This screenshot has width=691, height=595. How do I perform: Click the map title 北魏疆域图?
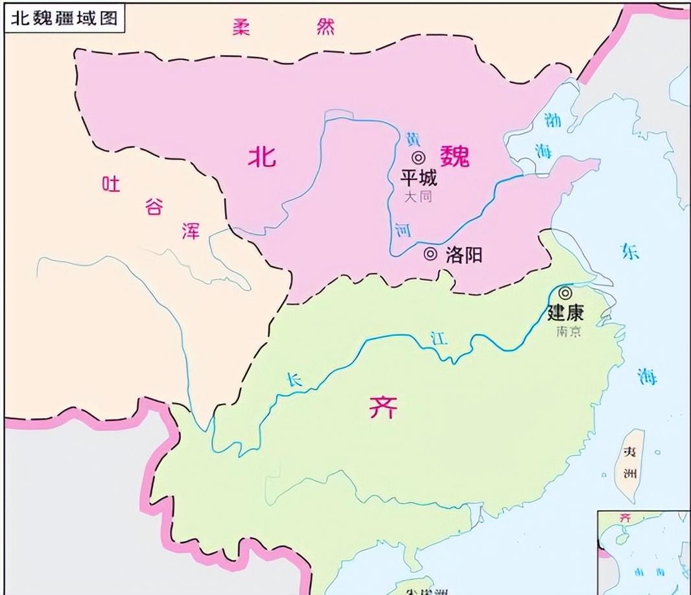pyautogui.click(x=63, y=17)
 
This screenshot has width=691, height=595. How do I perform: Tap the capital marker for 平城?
pyautogui.click(x=418, y=157)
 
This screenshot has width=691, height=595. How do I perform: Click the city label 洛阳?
pyautogui.click(x=464, y=255)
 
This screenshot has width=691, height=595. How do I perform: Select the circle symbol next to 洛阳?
pyautogui.click(x=430, y=254)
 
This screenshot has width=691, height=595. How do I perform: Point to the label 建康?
pyautogui.click(x=565, y=313)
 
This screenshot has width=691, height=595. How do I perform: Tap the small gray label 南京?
pyautogui.click(x=568, y=331)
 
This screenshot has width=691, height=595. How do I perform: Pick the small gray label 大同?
pyautogui.click(x=418, y=196)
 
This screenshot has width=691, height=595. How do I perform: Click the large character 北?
pyautogui.click(x=263, y=156)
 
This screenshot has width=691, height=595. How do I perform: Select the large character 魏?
pyautogui.click(x=454, y=156)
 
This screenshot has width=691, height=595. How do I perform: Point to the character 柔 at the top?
pyautogui.click(x=241, y=27)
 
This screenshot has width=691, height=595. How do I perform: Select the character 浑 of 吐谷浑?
pyautogui.click(x=191, y=231)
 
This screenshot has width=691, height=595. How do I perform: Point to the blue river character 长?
pyautogui.click(x=295, y=380)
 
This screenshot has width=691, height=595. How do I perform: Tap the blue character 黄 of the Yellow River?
pyautogui.click(x=412, y=138)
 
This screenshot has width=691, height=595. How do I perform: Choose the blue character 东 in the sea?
pyautogui.click(x=629, y=251)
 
